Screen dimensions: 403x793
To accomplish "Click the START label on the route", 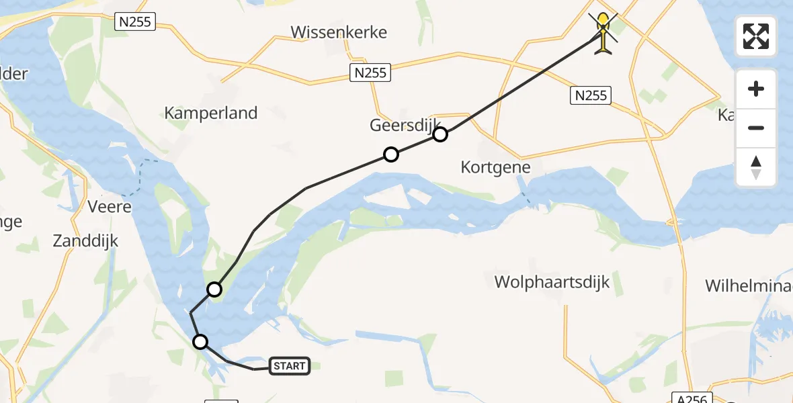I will [x=290, y=366].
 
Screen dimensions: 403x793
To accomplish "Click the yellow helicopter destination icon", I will [x=604, y=32].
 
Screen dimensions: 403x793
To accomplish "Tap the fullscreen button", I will [x=756, y=36].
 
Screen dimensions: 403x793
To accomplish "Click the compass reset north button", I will [x=756, y=168].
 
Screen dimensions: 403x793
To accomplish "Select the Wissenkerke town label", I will [x=339, y=32].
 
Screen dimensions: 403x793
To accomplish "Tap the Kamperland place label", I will [x=211, y=113].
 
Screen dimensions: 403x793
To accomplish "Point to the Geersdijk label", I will [x=404, y=125].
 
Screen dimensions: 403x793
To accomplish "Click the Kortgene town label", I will [x=496, y=167].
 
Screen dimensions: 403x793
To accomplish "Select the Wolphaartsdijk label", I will [x=552, y=281].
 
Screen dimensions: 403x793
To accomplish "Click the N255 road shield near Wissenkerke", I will [x=370, y=73].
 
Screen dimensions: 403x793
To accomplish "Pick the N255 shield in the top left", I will [x=135, y=22].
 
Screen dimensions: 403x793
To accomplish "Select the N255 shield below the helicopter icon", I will [x=591, y=95].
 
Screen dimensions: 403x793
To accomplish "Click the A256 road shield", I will [x=692, y=398].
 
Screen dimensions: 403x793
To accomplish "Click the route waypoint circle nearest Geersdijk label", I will [x=440, y=134].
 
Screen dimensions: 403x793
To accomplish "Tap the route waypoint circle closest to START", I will [x=200, y=342].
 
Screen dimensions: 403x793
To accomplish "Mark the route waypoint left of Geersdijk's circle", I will [x=390, y=154].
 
